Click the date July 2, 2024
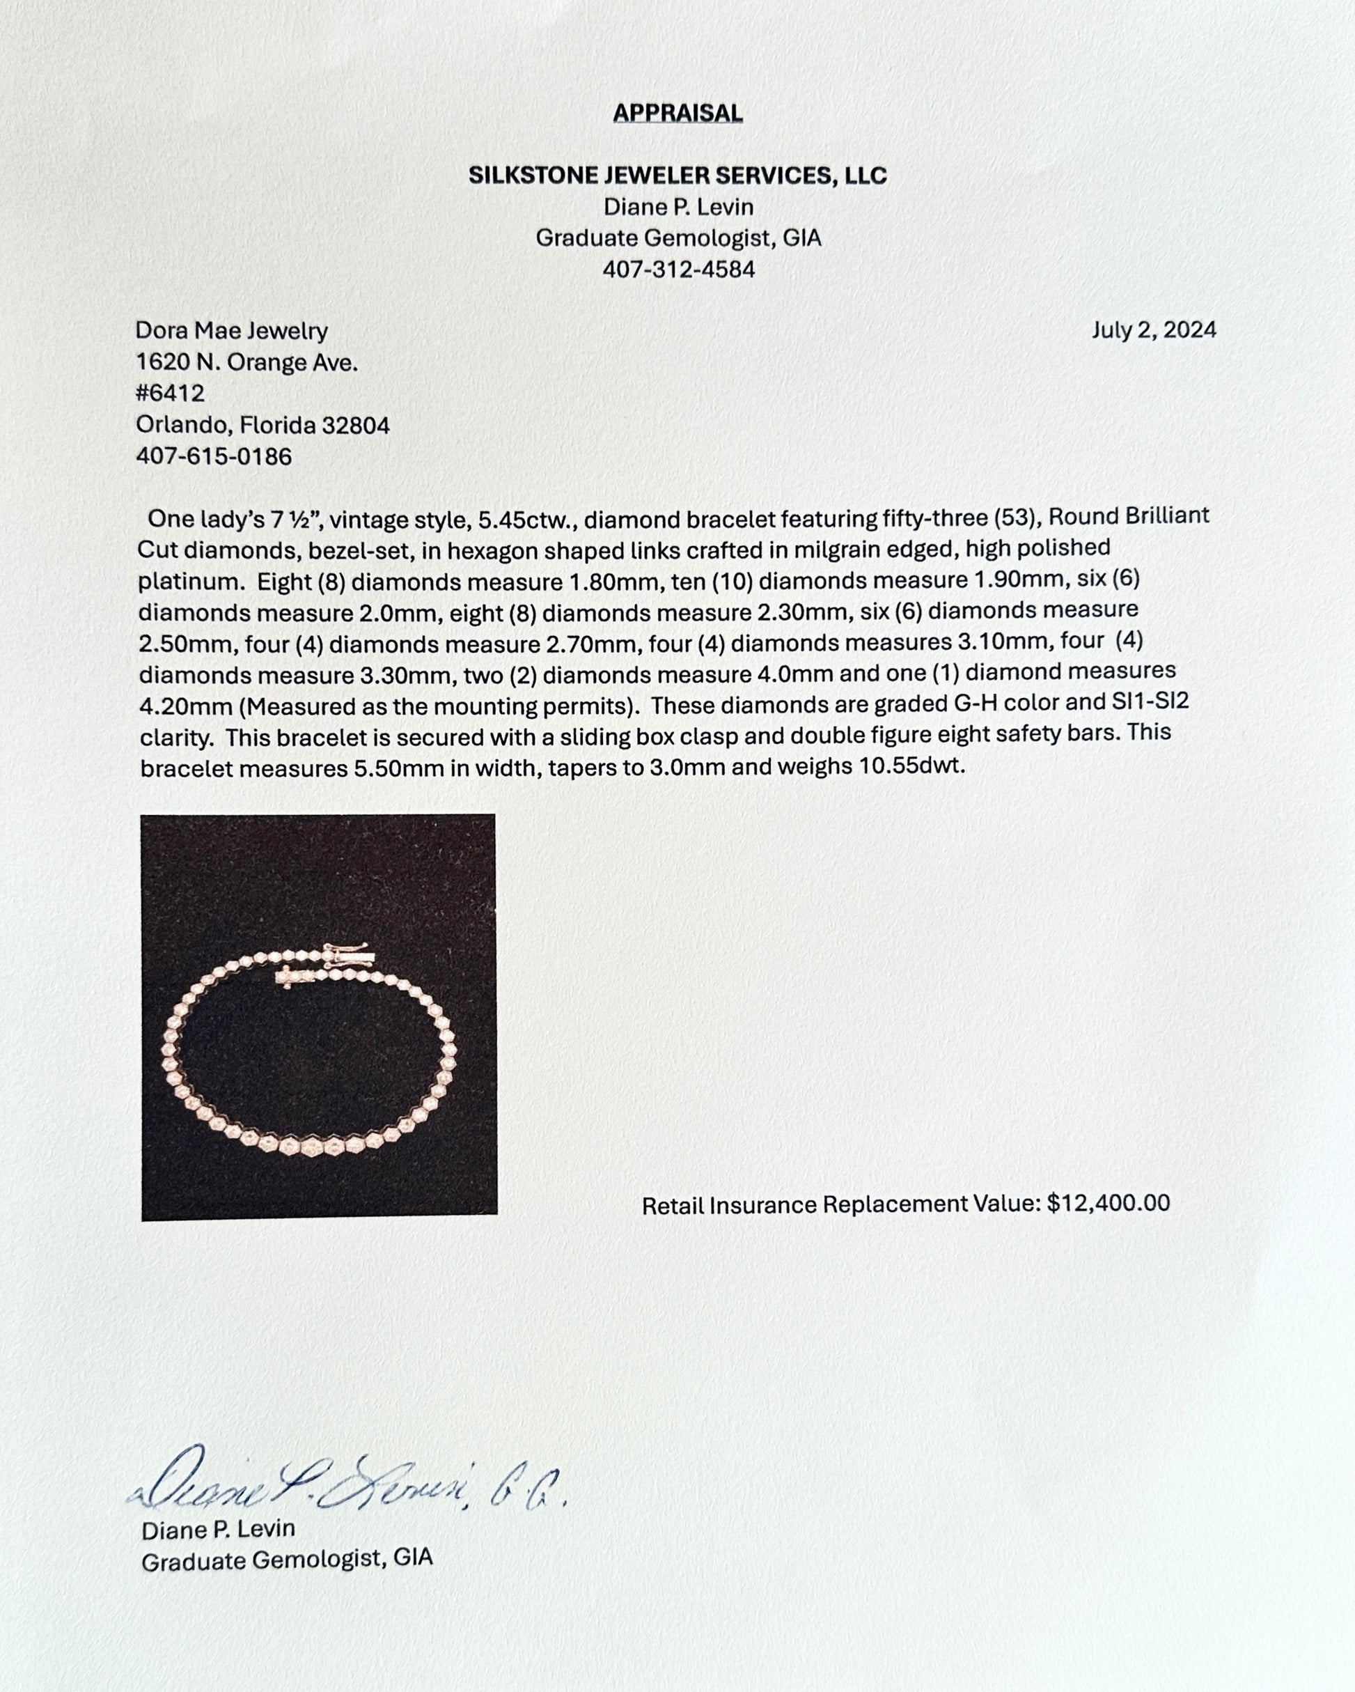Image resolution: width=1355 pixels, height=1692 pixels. coord(1153,329)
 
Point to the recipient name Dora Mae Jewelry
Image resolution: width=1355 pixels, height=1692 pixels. coord(231,330)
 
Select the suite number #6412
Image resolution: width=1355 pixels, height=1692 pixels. coord(171,393)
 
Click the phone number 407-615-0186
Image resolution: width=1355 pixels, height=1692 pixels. coord(213,456)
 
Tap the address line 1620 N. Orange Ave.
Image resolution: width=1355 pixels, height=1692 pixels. coord(246,362)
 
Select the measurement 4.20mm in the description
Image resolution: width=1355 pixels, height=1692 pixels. coord(185,707)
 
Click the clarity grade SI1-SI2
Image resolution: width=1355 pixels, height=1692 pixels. coord(1146,701)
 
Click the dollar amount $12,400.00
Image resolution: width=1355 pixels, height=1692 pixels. coord(1108,1202)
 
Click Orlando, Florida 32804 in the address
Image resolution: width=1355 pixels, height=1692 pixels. coord(262,425)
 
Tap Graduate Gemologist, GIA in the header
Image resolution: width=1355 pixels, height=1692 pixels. coord(678,238)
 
